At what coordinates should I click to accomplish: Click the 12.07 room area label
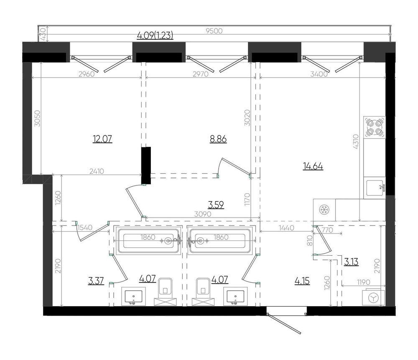pos(102,139)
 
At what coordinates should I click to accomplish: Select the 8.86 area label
pos(218,139)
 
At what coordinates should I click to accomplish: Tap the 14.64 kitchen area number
pos(313,166)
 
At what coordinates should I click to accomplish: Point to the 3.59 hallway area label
pos(216,205)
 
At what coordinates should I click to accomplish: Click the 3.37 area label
pos(96,281)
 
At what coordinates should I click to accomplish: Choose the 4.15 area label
pos(302,281)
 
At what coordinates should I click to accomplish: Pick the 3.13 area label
pos(351,262)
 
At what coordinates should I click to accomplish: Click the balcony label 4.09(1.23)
pos(155,35)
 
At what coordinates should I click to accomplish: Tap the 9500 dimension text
pos(214,31)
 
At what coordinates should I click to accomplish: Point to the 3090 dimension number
pos(203,214)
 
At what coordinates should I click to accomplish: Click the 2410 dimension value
pos(97,171)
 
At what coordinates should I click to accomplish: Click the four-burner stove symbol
pos(375,127)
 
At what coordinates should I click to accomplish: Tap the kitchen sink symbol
pos(375,188)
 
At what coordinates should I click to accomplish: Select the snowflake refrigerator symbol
pos(324,210)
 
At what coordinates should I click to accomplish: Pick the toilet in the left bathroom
pos(165,292)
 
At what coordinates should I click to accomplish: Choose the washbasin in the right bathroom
pos(236,297)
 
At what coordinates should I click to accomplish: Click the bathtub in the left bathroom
pos(148,241)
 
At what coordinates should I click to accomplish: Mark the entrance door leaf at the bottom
pos(284,324)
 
